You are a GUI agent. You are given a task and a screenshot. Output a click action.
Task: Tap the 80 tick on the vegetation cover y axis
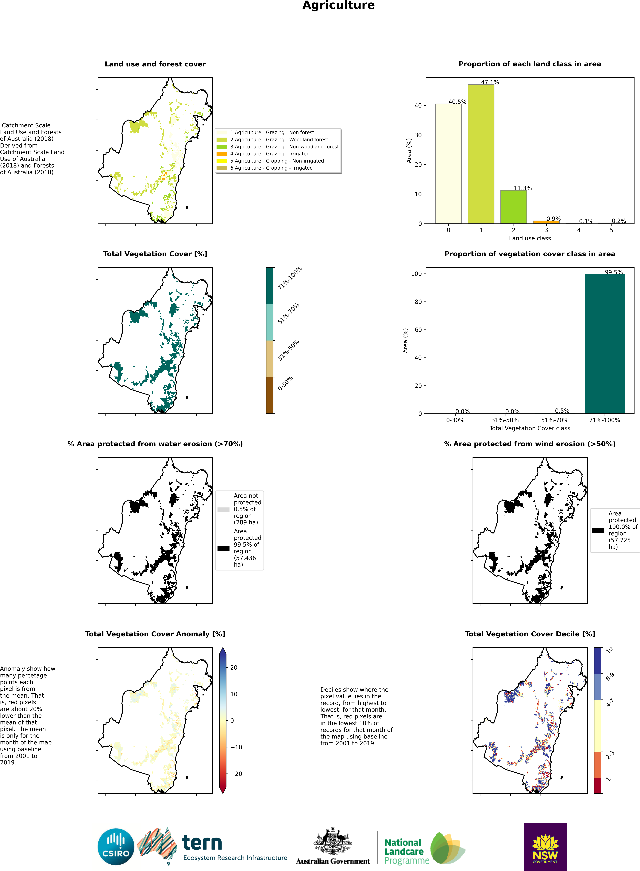pyautogui.click(x=418, y=302)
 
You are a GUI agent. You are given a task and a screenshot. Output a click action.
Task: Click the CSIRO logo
pyautogui.click(x=116, y=847)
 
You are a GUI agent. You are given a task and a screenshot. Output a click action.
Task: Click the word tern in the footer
pyautogui.click(x=202, y=843)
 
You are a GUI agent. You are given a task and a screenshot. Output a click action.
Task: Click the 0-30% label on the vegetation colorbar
pyautogui.click(x=285, y=383)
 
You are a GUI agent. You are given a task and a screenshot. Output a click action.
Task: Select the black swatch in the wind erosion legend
pyautogui.click(x=598, y=531)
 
